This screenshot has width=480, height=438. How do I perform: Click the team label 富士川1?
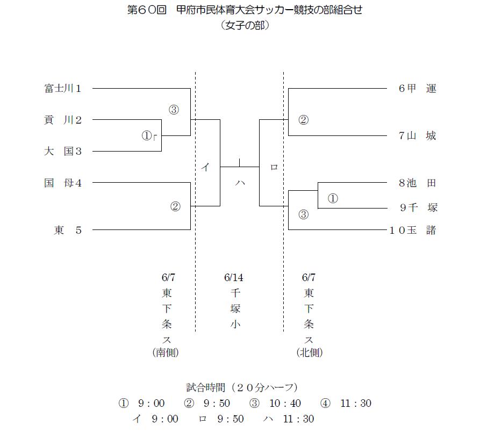tap(63, 89)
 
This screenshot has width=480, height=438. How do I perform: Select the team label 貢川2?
tap(63, 120)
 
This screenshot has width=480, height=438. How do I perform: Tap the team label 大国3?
tap(63, 151)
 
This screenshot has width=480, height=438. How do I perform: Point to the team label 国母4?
tap(63, 183)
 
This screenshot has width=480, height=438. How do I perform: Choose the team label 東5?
tap(68, 230)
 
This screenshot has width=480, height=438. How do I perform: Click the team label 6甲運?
tap(417, 89)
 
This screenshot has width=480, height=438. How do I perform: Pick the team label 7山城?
tap(417, 135)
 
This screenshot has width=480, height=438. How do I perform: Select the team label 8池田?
tap(417, 183)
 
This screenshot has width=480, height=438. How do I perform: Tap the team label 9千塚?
tap(419, 208)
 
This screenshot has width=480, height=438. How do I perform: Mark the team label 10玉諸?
tap(413, 230)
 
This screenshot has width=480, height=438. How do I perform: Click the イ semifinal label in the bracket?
tap(205, 167)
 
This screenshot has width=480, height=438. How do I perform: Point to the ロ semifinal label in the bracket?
tap(274, 167)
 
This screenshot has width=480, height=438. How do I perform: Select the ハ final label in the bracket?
tap(240, 183)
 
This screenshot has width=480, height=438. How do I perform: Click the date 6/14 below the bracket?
tap(234, 277)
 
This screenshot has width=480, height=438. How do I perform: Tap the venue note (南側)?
tap(166, 353)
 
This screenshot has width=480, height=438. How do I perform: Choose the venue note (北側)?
tap(309, 353)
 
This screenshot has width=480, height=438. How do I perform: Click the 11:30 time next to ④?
tap(356, 403)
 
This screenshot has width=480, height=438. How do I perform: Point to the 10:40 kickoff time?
tap(285, 403)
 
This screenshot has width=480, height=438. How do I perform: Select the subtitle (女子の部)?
tap(245, 25)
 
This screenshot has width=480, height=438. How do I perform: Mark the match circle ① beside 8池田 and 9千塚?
tap(333, 198)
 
